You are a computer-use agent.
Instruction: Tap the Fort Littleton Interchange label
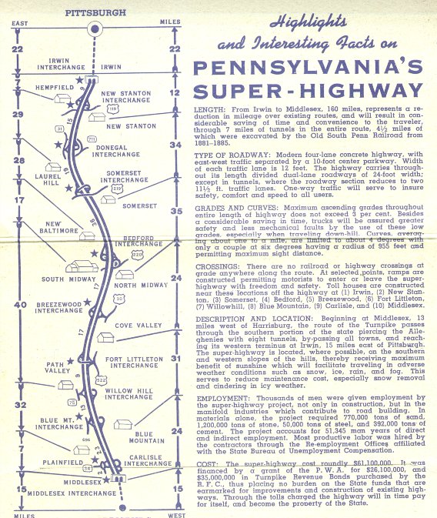pyautogui.click(x=135, y=362)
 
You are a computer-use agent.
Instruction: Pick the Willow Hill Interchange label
pyautogui.click(x=128, y=392)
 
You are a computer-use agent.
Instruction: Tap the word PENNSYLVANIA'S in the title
pyautogui.click(x=309, y=67)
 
